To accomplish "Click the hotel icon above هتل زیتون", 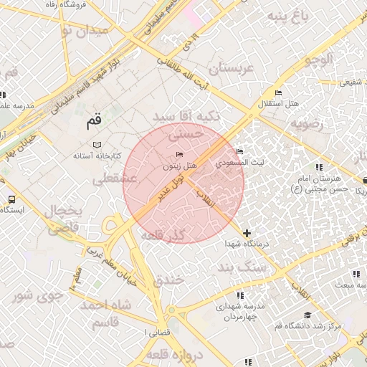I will click(179, 155).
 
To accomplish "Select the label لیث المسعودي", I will click(240, 163).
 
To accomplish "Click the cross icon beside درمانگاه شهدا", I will click(247, 233).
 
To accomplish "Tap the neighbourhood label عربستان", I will click(231, 69).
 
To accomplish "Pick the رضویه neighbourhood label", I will click(308, 123).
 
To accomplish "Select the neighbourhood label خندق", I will click(170, 280).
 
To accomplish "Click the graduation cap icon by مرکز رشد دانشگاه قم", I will click(308, 315).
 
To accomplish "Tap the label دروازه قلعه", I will click(176, 355).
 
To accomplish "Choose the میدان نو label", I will click(85, 31).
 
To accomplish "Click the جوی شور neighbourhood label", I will click(34, 295).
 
